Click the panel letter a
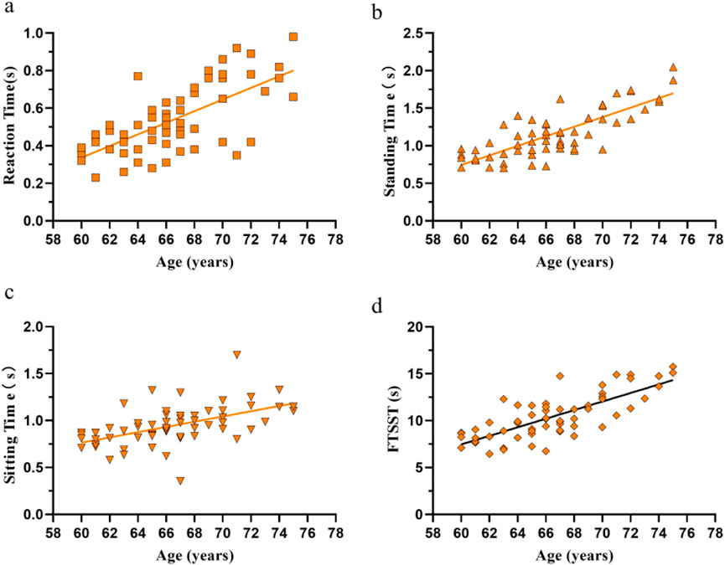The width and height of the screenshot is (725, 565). click(9, 10)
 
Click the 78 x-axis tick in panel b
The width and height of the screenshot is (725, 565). click(714, 239)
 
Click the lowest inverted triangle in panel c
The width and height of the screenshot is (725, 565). click(180, 480)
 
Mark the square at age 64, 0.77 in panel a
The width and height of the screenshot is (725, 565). click(137, 76)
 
